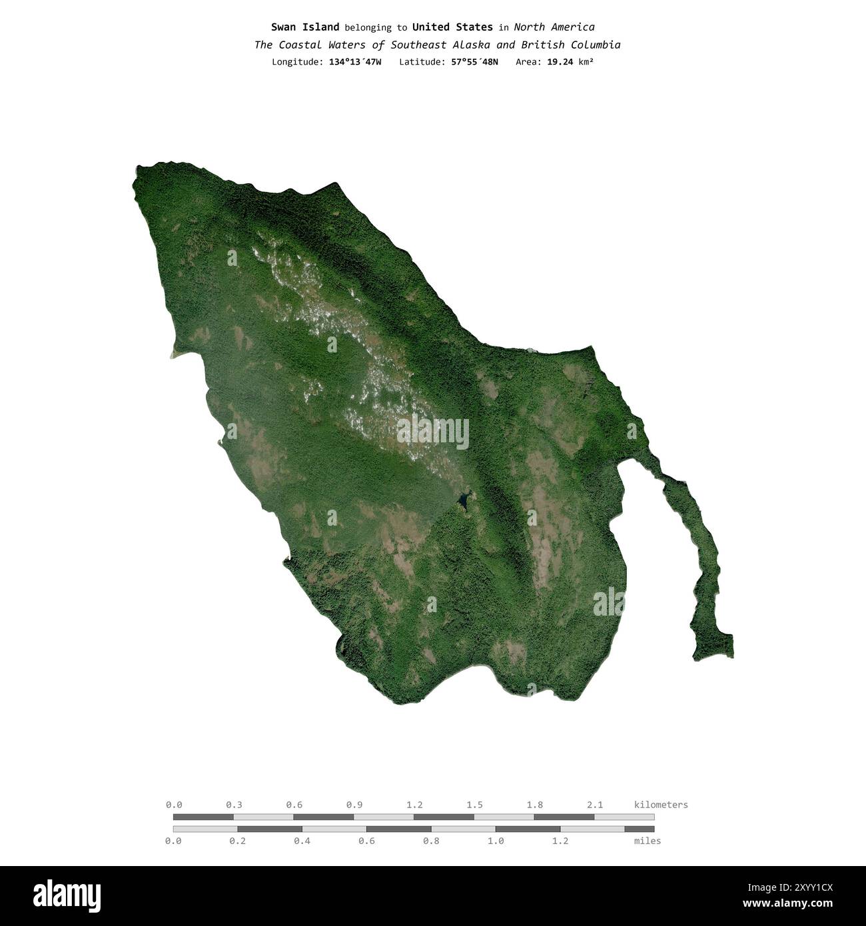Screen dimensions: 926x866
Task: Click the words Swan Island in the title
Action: pos(304,27)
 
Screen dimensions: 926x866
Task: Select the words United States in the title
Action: pos(452,27)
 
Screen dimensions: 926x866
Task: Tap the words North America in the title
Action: pos(554,27)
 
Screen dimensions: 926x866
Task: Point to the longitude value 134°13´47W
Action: pos(355,62)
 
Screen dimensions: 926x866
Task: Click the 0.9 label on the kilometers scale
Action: pos(354,805)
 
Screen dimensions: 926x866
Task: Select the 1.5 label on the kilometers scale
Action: pos(474,805)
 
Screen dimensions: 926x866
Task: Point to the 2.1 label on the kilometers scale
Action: pos(594,805)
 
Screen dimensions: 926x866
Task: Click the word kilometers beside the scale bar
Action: pos(661,805)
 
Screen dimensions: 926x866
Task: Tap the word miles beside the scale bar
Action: pos(648,841)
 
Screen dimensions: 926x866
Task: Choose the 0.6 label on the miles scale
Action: pos(366,841)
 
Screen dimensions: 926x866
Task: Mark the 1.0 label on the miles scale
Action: pos(496,841)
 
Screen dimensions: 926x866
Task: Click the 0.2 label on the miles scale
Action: pos(237,841)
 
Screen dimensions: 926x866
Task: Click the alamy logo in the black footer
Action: pos(67,895)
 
